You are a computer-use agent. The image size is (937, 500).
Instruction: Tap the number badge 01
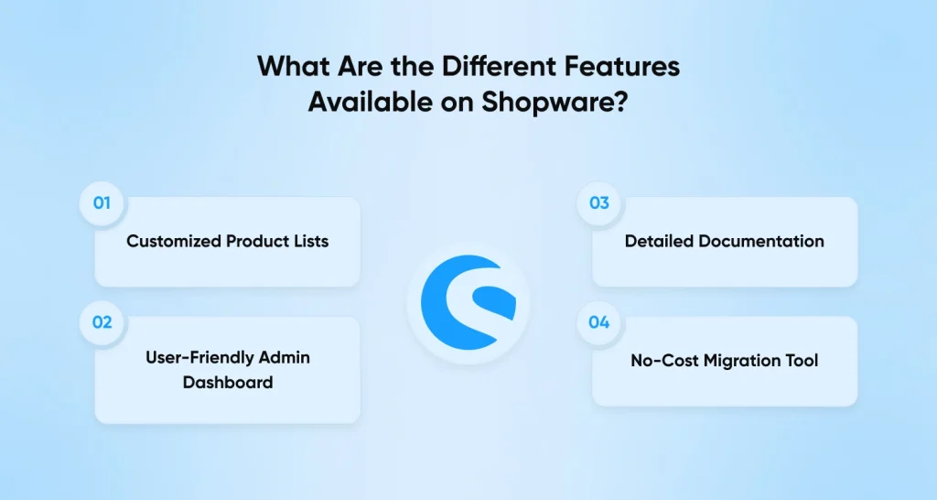coord(102,203)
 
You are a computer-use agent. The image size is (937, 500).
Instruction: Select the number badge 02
coord(102,323)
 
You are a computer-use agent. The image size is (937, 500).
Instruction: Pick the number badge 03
coord(599,203)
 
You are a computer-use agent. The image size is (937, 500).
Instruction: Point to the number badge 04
coord(599,323)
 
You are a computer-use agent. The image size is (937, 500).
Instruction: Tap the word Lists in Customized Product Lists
coord(311,241)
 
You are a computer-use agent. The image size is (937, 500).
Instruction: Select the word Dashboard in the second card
coord(228,382)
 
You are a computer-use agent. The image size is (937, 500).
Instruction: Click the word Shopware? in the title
coord(555,102)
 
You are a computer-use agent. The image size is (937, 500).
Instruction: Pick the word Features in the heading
coord(622,66)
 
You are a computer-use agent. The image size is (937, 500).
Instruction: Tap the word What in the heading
coord(294,66)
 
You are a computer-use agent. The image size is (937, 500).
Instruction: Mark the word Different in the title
coord(501,66)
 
